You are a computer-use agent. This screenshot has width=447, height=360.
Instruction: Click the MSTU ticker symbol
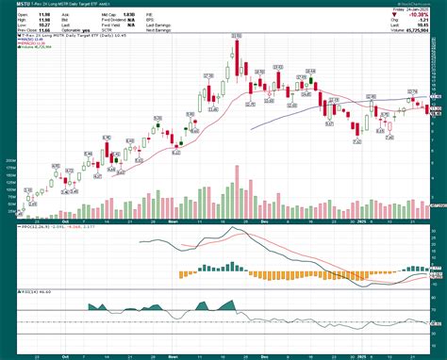pos(11,6)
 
